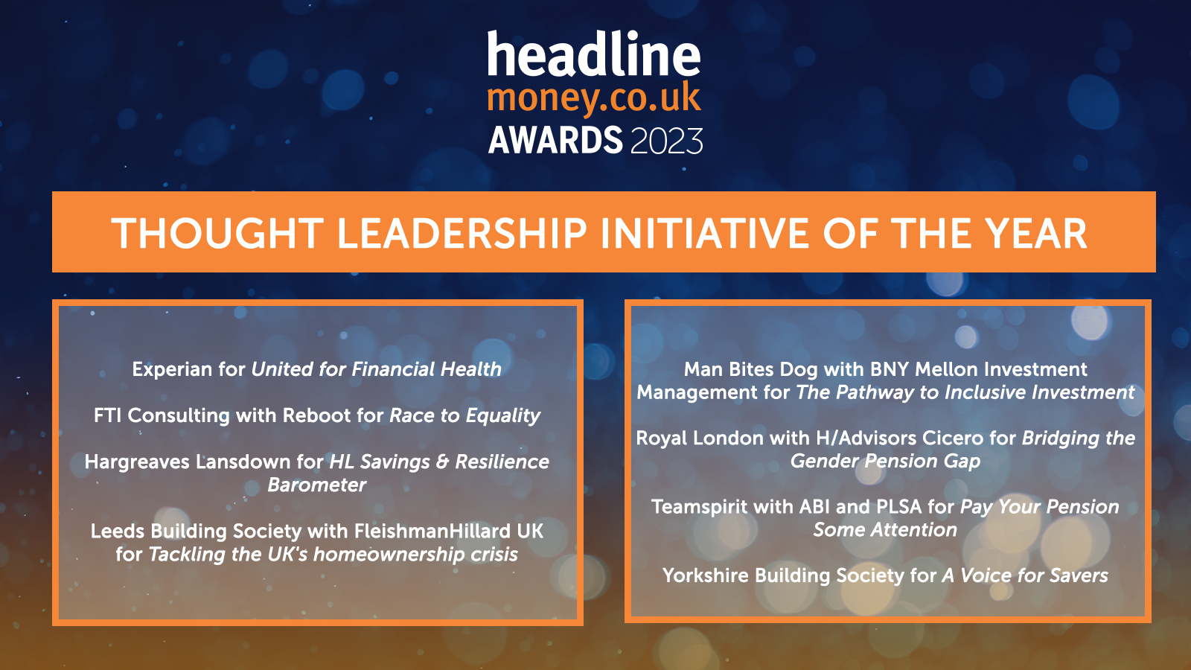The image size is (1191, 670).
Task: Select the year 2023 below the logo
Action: [667, 141]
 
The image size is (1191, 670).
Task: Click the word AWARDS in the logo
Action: [555, 141]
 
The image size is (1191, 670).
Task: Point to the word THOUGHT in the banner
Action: [217, 234]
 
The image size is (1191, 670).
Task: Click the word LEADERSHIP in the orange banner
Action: [462, 234]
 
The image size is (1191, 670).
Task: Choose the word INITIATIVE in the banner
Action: [705, 234]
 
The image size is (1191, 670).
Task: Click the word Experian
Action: [172, 369]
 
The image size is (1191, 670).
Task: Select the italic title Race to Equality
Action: [464, 415]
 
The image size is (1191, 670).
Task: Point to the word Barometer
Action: [317, 485]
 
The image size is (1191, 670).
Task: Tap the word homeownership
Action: [388, 555]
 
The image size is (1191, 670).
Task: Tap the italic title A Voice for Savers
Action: [1025, 576]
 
